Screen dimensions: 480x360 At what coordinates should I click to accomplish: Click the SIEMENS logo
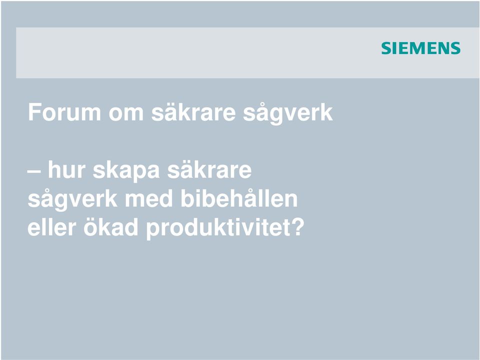pyautogui.click(x=420, y=48)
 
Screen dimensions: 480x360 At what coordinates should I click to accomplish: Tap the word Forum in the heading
pyautogui.click(x=64, y=112)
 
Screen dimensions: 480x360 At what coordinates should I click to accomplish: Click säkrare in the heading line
pyautogui.click(x=193, y=112)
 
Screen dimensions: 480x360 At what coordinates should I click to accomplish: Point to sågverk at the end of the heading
pyautogui.click(x=288, y=114)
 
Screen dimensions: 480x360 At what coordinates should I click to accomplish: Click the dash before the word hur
pyautogui.click(x=34, y=172)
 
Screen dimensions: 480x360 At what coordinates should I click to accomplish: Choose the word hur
pyautogui.click(x=66, y=170)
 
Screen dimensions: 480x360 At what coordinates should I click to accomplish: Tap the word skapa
pyautogui.click(x=126, y=171)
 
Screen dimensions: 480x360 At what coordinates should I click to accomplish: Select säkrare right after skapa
pyautogui.click(x=209, y=170)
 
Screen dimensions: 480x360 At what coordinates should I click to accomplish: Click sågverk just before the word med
pyautogui.click(x=72, y=200)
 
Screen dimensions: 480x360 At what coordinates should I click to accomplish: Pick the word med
pyautogui.click(x=149, y=199)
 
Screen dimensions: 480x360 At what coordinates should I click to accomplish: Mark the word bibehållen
pyautogui.click(x=239, y=198)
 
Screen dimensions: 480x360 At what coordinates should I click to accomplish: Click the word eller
pyautogui.click(x=51, y=227)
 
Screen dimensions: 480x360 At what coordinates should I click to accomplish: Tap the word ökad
pyautogui.click(x=110, y=227)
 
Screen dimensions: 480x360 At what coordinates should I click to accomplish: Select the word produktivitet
pyautogui.click(x=215, y=229)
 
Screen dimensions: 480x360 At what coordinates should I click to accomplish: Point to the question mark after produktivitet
pyautogui.click(x=295, y=227)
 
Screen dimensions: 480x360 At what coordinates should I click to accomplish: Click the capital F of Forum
pyautogui.click(x=34, y=112)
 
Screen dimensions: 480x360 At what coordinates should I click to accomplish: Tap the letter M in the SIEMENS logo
pyautogui.click(x=420, y=48)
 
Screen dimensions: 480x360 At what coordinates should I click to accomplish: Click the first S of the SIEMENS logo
pyautogui.click(x=386, y=48)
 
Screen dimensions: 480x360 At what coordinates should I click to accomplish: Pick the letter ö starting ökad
pyautogui.click(x=90, y=228)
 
